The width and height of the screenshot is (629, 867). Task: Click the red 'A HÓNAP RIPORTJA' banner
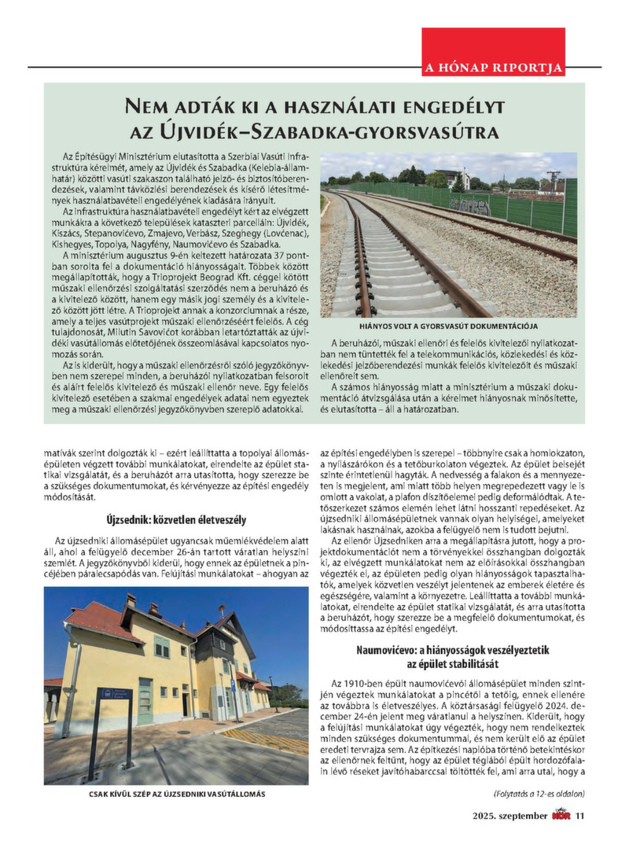click(x=493, y=67)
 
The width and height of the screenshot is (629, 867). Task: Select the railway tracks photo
click(x=448, y=235)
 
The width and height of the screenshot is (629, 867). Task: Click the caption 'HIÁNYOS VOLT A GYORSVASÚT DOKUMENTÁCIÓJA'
click(x=448, y=326)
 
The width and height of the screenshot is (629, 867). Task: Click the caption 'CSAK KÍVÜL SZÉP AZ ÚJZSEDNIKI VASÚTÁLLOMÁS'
click(x=176, y=794)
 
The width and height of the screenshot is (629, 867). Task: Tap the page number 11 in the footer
click(x=580, y=815)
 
